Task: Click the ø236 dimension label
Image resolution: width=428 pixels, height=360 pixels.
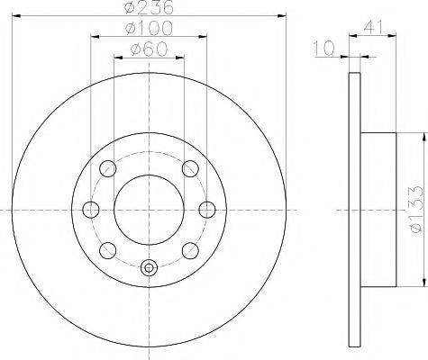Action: pyautogui.click(x=149, y=8)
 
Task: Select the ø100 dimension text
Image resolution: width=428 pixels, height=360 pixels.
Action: pyautogui.click(x=149, y=29)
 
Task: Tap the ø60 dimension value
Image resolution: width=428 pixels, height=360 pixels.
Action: pyautogui.click(x=149, y=49)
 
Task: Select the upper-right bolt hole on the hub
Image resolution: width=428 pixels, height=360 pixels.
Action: pyautogui.click(x=190, y=168)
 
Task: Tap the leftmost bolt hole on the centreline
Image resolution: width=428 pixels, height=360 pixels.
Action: pyautogui.click(x=90, y=210)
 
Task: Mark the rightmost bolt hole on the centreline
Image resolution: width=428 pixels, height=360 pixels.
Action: pyautogui.click(x=206, y=210)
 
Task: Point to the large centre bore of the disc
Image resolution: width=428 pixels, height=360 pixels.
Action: pyautogui.click(x=149, y=209)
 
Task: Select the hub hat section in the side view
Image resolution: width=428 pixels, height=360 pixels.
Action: pyautogui.click(x=377, y=209)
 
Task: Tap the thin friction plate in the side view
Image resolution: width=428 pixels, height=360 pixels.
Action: pyautogui.click(x=351, y=209)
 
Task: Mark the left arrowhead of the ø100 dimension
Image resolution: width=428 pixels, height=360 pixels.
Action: pyautogui.click(x=94, y=38)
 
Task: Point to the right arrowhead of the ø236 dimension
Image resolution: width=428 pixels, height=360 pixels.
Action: pyautogui.click(x=283, y=17)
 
